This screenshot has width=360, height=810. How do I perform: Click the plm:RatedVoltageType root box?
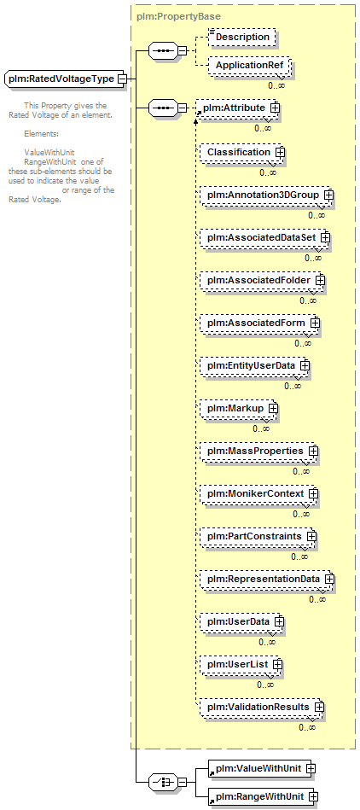(x=64, y=79)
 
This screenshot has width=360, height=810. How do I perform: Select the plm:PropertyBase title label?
(x=178, y=16)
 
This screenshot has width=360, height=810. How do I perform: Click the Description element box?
(x=241, y=38)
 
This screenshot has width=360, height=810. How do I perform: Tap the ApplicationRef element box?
(x=249, y=66)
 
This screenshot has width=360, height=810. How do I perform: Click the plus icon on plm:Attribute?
(x=275, y=108)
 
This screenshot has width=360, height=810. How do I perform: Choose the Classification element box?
(x=241, y=153)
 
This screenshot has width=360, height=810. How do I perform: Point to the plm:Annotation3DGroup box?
(x=265, y=195)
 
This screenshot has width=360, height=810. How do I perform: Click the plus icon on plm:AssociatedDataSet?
(x=325, y=237)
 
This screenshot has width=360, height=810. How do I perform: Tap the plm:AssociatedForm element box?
(x=258, y=323)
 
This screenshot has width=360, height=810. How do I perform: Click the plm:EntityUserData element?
(x=253, y=365)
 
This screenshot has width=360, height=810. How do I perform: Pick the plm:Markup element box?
(x=238, y=408)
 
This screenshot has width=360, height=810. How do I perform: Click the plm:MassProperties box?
(x=258, y=451)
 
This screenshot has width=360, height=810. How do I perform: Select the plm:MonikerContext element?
(x=258, y=494)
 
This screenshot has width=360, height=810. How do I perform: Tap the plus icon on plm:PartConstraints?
(x=311, y=536)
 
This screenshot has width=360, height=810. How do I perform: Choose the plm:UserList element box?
(x=241, y=663)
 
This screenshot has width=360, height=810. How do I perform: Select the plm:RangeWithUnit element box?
(x=262, y=796)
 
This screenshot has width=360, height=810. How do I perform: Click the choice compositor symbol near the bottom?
(x=162, y=782)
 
